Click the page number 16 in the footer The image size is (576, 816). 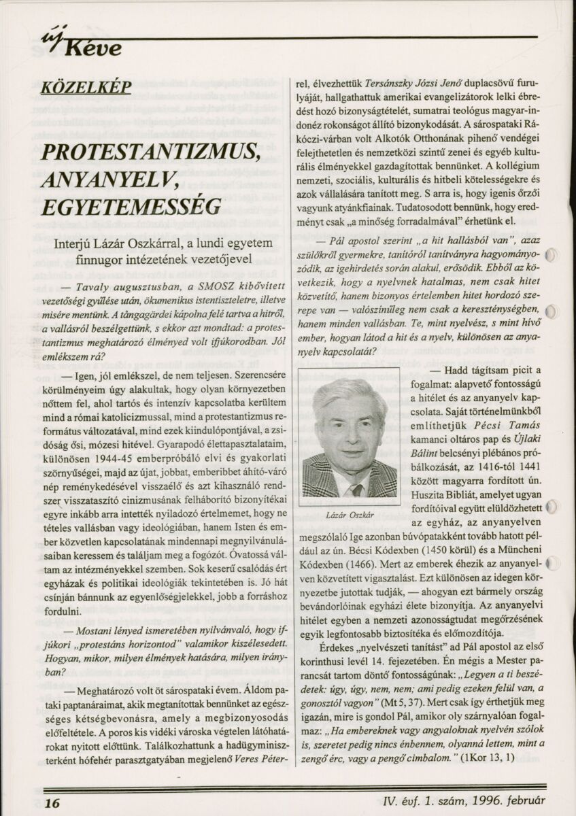pos(52,802)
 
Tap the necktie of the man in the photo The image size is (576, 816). pos(356,489)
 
